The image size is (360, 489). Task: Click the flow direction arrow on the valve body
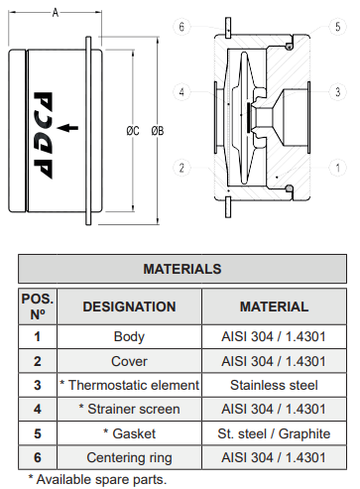(68, 127)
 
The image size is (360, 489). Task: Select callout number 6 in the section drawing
(182, 27)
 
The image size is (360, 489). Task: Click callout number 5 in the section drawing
(338, 27)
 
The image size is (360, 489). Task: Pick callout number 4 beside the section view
(182, 92)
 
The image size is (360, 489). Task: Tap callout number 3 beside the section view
(338, 92)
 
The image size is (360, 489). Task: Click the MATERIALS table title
(181, 268)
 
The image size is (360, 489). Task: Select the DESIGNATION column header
(129, 306)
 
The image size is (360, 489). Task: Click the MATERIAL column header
(274, 306)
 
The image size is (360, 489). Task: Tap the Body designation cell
(129, 336)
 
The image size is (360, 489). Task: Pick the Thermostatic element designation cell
(129, 384)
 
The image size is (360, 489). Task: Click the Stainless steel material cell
(274, 384)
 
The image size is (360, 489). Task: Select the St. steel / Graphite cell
(274, 432)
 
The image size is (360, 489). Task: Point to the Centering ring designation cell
(129, 456)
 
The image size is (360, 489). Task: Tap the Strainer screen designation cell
(129, 408)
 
